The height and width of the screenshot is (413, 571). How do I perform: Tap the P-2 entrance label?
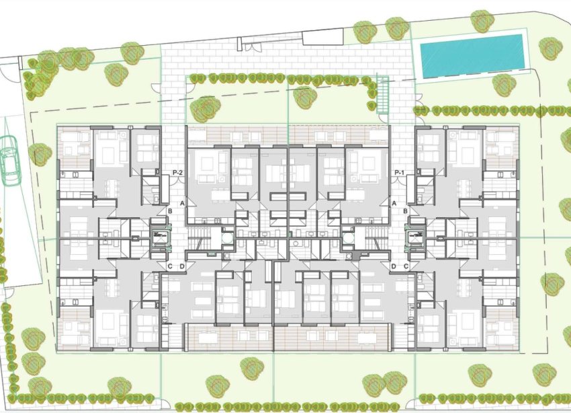[x=179, y=172]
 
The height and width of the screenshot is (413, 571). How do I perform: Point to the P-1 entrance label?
[x=400, y=172]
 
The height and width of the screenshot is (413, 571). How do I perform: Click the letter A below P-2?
[x=181, y=203]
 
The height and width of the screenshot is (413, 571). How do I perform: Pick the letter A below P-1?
[x=394, y=203]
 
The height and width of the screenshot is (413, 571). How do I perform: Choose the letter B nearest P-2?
[x=171, y=211]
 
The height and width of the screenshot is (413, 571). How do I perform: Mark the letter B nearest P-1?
[x=406, y=211]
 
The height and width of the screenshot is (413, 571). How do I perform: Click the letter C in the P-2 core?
[x=171, y=266]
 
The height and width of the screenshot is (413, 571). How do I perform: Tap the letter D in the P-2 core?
[x=181, y=266]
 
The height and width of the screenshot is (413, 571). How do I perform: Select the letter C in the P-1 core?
[x=406, y=266]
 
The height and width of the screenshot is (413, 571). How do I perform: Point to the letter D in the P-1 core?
[x=394, y=266]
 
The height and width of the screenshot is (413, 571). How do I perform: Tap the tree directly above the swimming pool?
[x=482, y=20]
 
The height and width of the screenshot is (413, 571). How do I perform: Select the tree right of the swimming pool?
[x=550, y=48]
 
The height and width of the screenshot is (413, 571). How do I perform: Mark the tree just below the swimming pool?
[x=504, y=85]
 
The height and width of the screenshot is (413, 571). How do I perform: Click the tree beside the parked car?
[x=40, y=154]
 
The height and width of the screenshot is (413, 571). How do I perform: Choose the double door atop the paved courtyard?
[x=255, y=46]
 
